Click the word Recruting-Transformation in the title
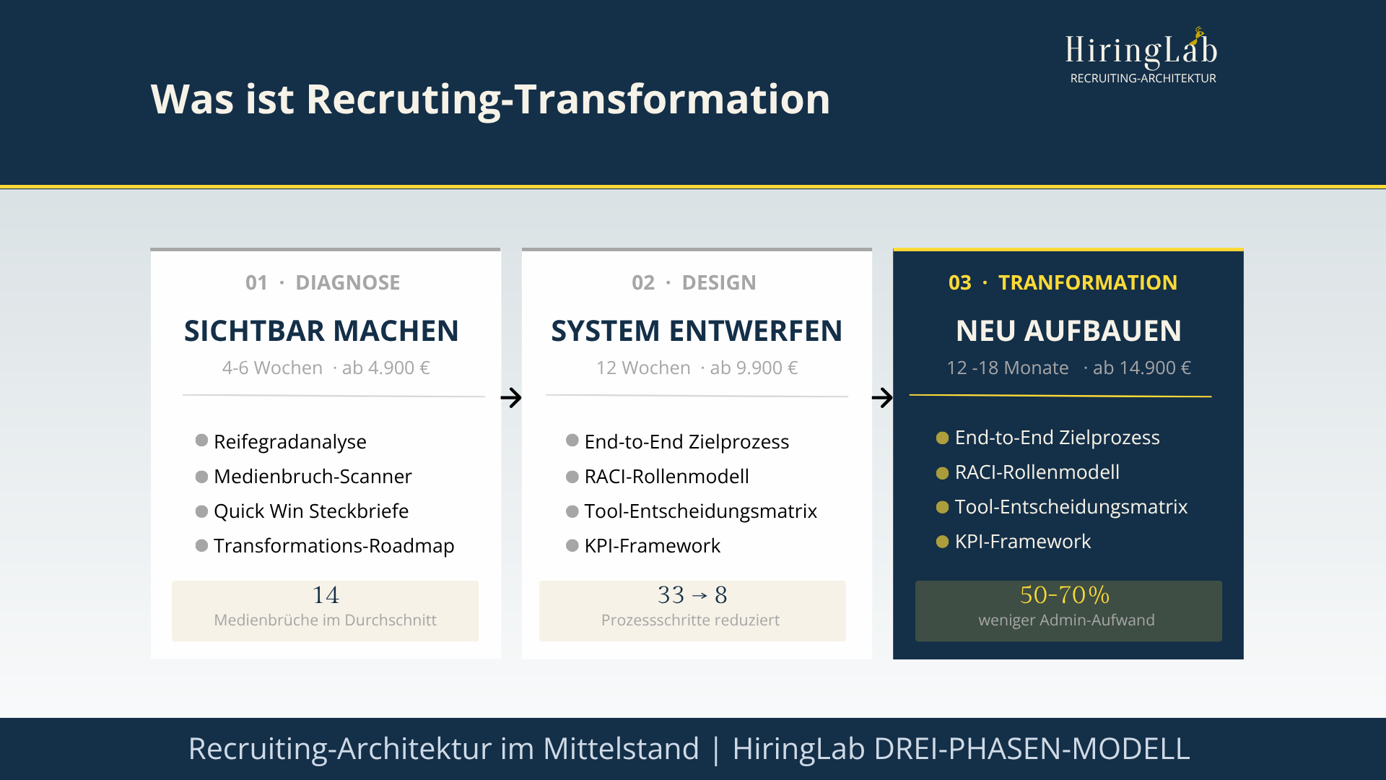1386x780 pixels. (x=568, y=99)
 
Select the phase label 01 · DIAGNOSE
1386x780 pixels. (x=323, y=282)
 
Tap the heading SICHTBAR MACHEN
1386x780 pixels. (x=321, y=331)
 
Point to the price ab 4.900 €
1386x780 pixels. (x=385, y=368)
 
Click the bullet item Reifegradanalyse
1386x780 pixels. (x=289, y=441)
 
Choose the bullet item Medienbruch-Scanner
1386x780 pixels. (x=313, y=476)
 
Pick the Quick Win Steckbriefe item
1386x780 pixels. (x=311, y=511)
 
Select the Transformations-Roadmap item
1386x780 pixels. (x=334, y=545)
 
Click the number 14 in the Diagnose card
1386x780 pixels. (x=326, y=595)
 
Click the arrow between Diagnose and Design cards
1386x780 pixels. (x=511, y=397)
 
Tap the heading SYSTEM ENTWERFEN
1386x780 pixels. (x=697, y=331)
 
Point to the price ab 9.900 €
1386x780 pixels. (x=754, y=368)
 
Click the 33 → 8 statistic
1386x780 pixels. (x=692, y=595)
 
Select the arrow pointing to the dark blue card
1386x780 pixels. (x=882, y=397)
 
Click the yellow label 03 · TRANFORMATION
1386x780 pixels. (x=1063, y=282)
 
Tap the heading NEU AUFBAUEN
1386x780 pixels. (x=1068, y=331)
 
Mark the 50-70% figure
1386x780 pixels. (x=1065, y=595)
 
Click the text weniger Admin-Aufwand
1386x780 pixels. (x=1066, y=620)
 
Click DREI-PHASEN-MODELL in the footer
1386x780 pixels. (x=1032, y=748)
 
